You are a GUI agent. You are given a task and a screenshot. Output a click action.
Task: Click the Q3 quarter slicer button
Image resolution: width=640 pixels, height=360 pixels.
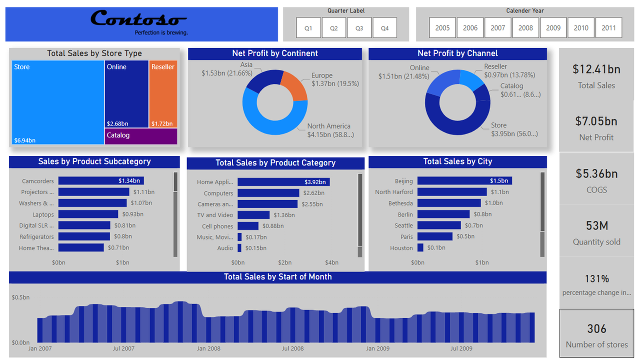359,28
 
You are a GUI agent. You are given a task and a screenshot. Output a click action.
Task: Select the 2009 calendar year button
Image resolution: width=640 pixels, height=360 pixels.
553,28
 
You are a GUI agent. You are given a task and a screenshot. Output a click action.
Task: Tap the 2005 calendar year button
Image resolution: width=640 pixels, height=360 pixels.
442,28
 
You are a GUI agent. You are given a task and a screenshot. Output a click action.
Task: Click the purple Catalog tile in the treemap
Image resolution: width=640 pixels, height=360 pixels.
141,136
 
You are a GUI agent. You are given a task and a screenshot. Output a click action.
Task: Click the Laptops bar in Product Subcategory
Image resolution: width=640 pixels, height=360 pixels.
88,214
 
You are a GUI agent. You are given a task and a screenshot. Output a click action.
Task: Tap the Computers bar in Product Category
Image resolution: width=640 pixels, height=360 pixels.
268,193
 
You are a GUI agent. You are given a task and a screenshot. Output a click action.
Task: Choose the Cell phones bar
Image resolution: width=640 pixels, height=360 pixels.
248,226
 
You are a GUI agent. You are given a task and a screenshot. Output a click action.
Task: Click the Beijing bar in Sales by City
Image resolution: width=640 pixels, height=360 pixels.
464,181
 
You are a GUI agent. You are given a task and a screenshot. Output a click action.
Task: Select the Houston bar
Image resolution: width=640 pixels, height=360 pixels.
420,247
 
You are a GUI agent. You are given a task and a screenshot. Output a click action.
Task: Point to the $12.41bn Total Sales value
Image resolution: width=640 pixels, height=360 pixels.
596,69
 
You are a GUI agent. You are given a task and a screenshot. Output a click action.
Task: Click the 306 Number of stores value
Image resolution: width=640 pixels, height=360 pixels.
596,329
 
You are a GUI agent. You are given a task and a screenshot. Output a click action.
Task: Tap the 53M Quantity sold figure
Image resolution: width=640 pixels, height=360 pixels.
596,225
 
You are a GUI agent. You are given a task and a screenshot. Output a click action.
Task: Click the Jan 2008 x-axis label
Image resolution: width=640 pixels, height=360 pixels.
208,348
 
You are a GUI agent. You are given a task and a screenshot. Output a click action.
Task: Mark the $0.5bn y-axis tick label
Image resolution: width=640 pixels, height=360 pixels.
20,297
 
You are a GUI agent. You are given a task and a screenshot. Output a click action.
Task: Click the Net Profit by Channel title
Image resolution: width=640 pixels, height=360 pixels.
457,53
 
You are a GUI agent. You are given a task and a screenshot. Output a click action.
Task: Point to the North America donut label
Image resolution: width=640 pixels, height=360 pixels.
328,126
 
